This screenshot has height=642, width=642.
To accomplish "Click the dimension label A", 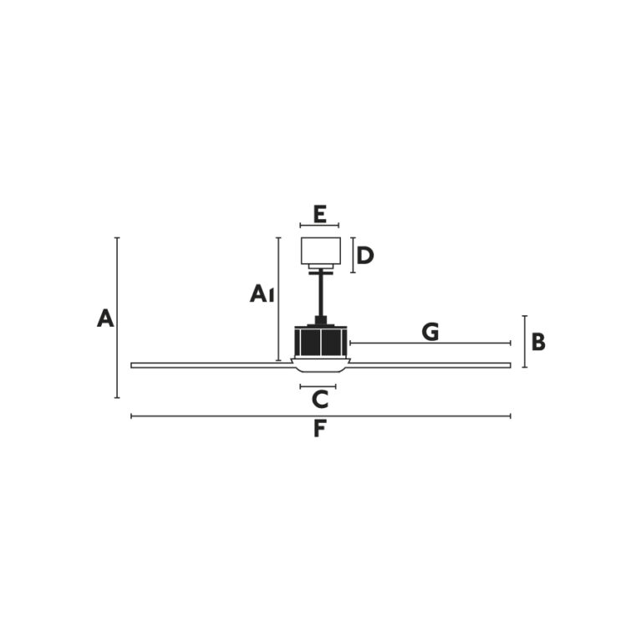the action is coord(105,318).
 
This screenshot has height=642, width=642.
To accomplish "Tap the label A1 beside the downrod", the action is coord(262,293).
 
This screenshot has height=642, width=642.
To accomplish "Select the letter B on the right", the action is coord(538,342).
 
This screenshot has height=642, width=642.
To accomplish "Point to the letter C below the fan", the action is coord(320,400).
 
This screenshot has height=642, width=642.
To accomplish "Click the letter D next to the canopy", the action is coord(365,256).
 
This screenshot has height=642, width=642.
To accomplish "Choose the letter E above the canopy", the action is coord(319,215).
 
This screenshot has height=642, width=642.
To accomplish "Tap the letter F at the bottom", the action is coord(319,429).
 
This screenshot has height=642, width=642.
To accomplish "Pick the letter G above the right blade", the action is coord(431,332).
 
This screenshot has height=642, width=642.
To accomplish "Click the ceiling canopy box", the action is coord(321,251).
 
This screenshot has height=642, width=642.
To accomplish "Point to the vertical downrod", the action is coord(321,295).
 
